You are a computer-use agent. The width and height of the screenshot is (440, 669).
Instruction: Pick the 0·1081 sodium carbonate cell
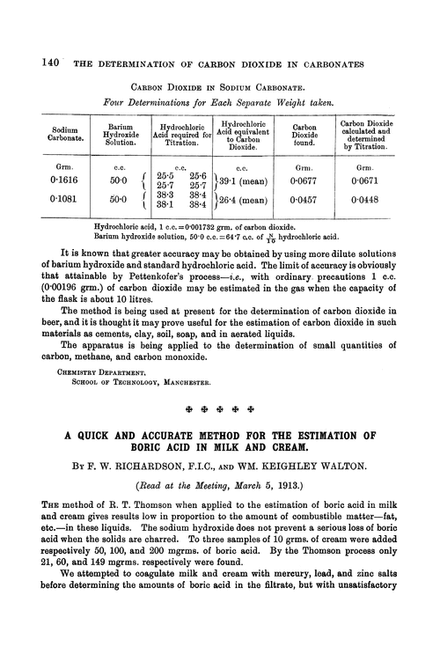pos(61,205)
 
